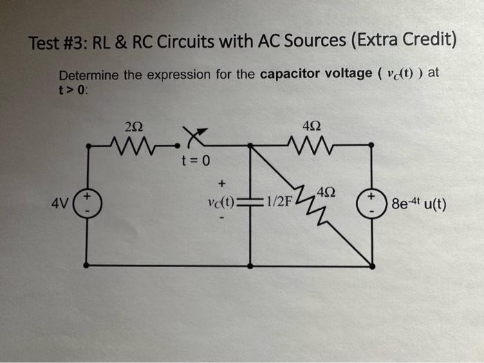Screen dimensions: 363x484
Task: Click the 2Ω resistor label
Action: point(136,126)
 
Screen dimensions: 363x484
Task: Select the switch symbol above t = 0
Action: point(194,139)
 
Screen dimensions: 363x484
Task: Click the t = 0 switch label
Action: point(194,161)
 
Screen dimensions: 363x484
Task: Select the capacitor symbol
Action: point(250,202)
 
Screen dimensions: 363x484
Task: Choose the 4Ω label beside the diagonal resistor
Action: point(328,190)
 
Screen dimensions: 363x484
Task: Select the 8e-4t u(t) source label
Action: point(418,204)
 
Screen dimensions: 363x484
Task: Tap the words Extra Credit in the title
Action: point(403,42)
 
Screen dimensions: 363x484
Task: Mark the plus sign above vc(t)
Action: point(222,184)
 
